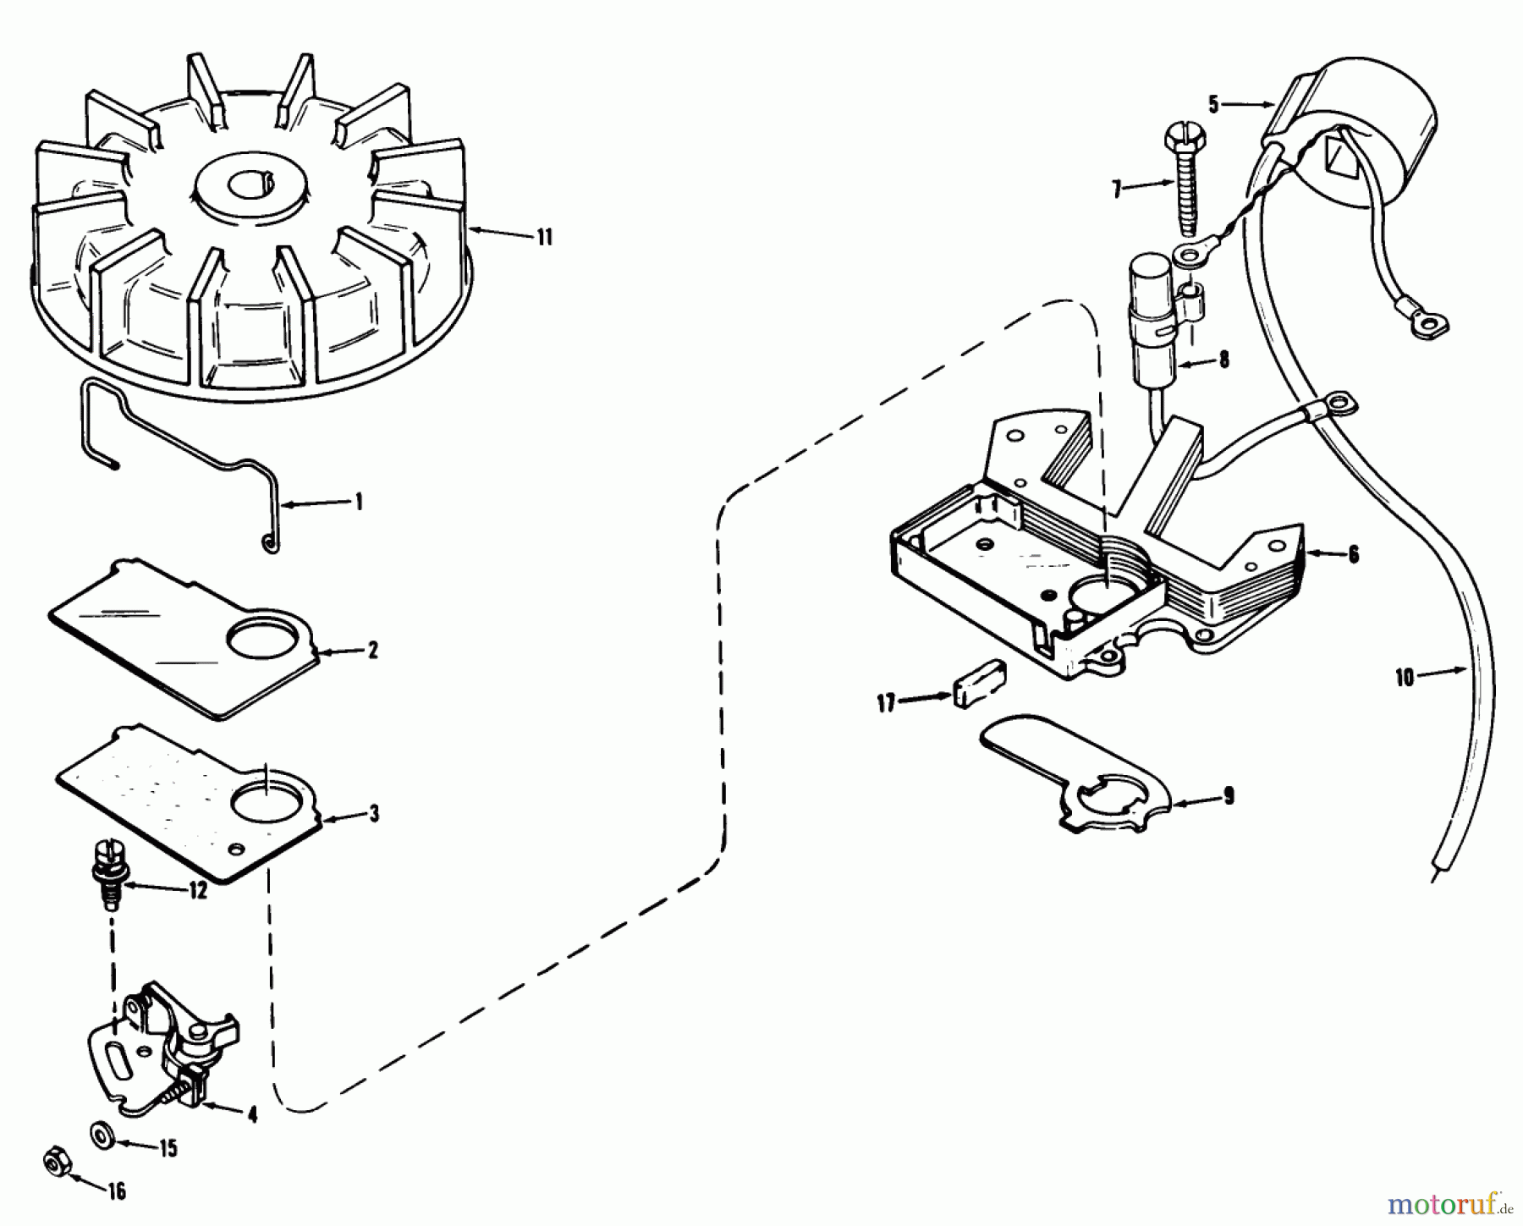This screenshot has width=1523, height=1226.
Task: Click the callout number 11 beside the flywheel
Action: [545, 238]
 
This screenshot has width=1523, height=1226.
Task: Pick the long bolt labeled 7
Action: [1185, 178]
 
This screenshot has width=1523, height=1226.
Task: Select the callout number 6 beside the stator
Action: [1353, 556]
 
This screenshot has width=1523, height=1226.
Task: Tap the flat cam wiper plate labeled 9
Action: [1083, 774]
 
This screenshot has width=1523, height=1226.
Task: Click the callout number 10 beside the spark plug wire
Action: [1405, 678]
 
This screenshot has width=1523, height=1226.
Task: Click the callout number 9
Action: [1228, 796]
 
